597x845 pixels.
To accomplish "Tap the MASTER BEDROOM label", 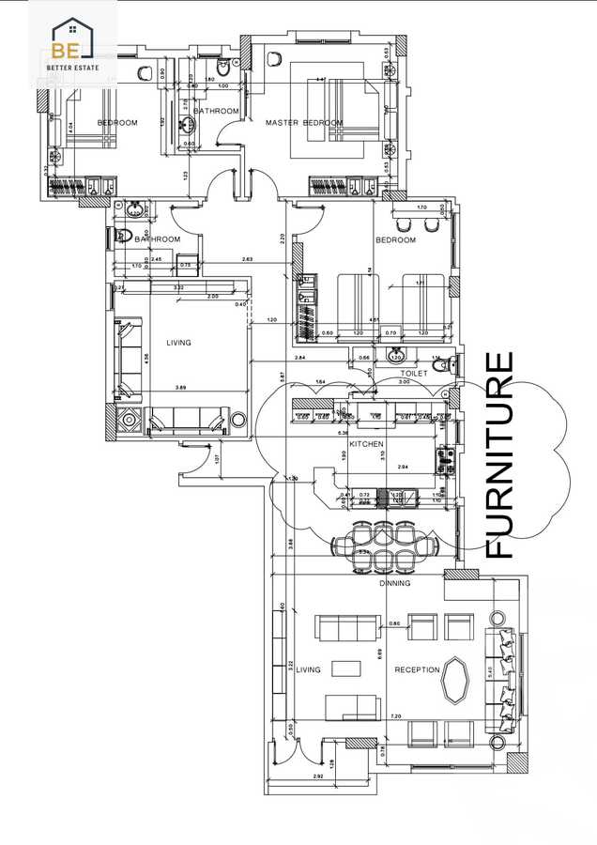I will [x=303, y=123].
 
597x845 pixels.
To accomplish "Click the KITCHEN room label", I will [x=363, y=442].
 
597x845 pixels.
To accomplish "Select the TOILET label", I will [x=414, y=374].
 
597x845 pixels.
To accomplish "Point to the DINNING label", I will [x=395, y=584].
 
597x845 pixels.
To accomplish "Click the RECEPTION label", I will [x=418, y=669].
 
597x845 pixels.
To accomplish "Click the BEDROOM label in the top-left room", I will [x=118, y=123].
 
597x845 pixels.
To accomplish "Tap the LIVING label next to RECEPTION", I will [x=309, y=669].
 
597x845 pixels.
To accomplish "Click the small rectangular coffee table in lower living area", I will [x=349, y=668].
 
